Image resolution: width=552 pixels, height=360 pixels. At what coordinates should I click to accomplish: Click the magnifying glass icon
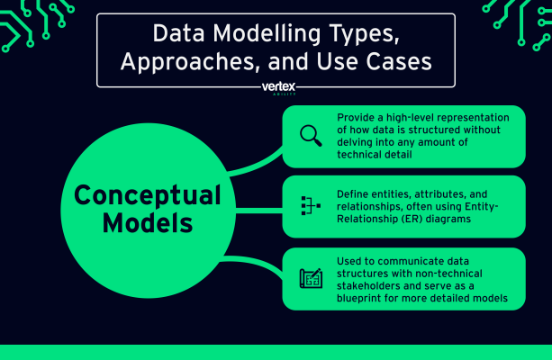coord(310,136)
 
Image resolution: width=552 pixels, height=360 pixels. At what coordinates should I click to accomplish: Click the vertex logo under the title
coord(277,88)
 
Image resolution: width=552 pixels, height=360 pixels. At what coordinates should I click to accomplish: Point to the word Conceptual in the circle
coord(147,194)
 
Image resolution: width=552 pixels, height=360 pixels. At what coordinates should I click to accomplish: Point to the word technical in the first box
coord(366,154)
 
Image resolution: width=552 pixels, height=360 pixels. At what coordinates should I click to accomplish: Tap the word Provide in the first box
coord(357,118)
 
